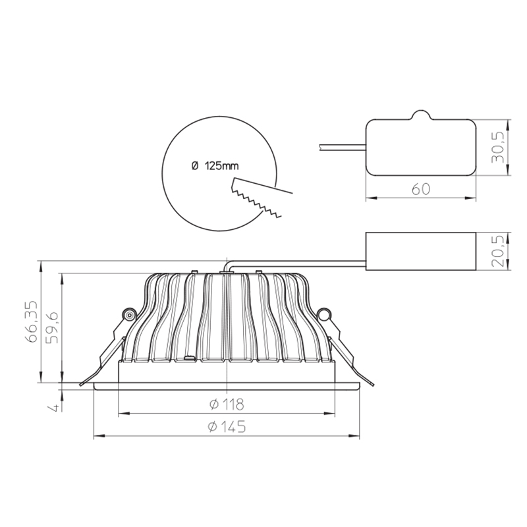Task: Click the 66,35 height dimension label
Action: (x=32, y=321)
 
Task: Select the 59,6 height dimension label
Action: (x=52, y=327)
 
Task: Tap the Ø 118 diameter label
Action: (x=227, y=404)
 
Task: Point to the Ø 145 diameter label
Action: (x=227, y=427)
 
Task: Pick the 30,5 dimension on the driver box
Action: (x=498, y=147)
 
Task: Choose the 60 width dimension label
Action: (x=420, y=189)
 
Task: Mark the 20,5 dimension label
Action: (x=498, y=251)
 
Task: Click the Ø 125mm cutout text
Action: (x=215, y=166)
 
